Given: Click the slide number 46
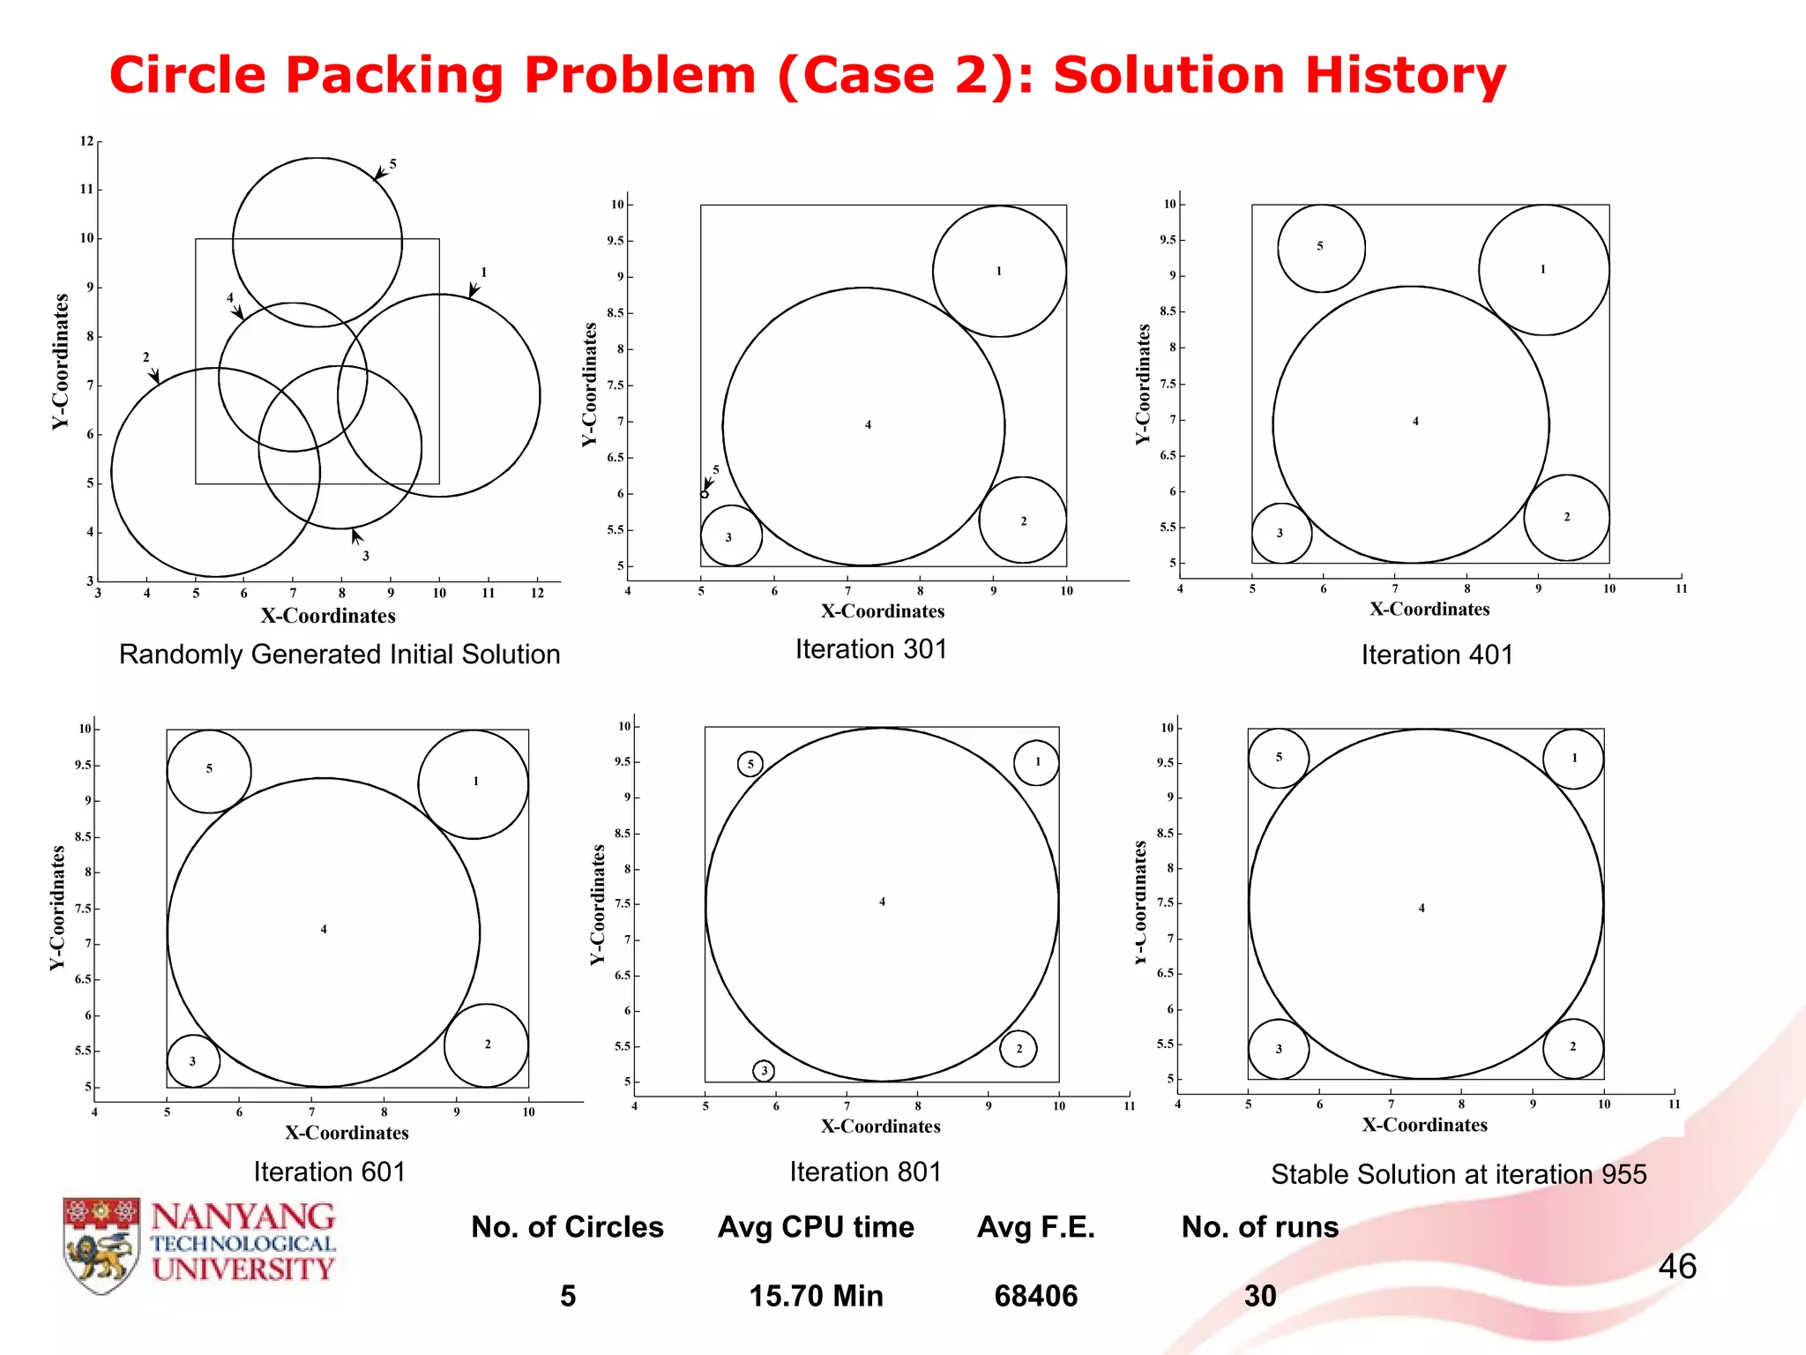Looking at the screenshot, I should (1676, 1266).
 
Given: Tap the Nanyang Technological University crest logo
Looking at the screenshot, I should (102, 1245).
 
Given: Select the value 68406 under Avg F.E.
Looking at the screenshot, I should (1035, 1295).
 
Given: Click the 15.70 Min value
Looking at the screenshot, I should (816, 1295).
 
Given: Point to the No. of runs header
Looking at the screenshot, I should (1259, 1226).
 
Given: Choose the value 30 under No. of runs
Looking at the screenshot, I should (1260, 1295).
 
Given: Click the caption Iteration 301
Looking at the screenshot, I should (870, 648).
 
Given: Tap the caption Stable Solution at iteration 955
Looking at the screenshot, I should (1459, 1173).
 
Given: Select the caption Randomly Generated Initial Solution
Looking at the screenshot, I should (340, 654).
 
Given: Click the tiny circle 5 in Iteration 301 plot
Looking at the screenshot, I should (705, 494).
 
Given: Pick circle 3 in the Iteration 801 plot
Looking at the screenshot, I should (764, 1071).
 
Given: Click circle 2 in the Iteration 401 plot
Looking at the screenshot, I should (1566, 517).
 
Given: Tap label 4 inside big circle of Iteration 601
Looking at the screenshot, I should (324, 929).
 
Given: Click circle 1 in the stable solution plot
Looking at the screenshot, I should (1573, 758).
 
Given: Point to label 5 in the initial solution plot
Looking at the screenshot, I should (393, 164).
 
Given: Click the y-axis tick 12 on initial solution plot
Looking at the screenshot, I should (86, 141).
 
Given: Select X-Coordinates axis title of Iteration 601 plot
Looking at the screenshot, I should (347, 1133).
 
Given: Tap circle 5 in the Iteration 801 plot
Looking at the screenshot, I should (750, 764).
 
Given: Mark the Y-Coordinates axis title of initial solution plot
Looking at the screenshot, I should (60, 362).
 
